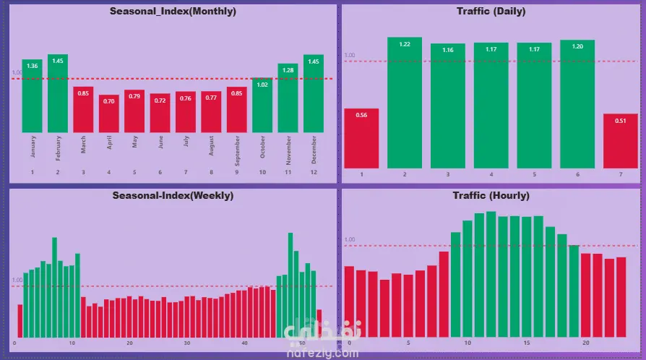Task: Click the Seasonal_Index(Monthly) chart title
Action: [x=173, y=12]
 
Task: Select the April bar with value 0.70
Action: [x=109, y=113]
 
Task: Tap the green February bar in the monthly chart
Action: [x=58, y=93]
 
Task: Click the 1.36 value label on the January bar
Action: [x=32, y=67]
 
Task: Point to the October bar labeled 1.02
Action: [x=262, y=105]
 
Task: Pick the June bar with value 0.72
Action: [x=160, y=113]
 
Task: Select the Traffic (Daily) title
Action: [x=491, y=12]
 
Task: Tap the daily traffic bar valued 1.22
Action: [x=405, y=103]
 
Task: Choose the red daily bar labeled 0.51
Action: [x=621, y=141]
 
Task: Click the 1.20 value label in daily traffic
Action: [x=577, y=46]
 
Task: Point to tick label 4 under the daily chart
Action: [x=491, y=175]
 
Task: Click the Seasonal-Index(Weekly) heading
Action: [x=173, y=196]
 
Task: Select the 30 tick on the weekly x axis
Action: [x=187, y=343]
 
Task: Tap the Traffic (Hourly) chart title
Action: [x=491, y=196]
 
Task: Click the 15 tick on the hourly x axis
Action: [x=527, y=343]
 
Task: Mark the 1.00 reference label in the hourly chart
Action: [x=350, y=239]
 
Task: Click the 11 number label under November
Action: [x=288, y=172]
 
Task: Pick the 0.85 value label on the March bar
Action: [x=83, y=93]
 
